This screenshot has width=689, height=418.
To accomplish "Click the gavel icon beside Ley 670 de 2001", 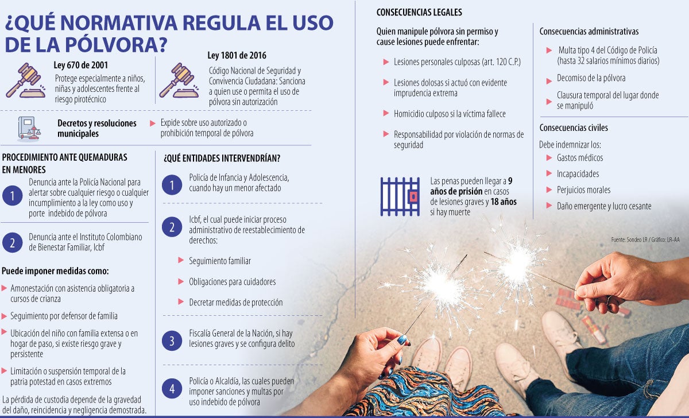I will [26, 80].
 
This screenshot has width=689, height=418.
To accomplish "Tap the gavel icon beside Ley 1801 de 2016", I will [179, 80].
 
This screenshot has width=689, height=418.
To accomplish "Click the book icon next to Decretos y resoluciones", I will [29, 129].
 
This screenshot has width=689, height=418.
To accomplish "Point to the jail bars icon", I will [400, 196].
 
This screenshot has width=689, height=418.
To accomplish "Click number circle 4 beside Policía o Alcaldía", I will [171, 389].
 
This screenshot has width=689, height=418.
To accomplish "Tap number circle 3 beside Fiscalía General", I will [171, 340].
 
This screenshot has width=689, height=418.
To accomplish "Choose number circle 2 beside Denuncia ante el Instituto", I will [12, 242].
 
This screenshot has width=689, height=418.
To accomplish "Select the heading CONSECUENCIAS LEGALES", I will [419, 12].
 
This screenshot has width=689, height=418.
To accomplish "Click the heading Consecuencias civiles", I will [574, 127].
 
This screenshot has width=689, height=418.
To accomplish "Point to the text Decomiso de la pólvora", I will [591, 78].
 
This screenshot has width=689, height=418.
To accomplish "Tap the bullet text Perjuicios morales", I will [583, 190].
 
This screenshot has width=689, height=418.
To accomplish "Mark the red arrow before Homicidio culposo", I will [386, 114].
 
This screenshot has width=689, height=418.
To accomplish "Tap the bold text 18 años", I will [504, 202].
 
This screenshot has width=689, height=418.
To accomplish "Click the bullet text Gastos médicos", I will [580, 158].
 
